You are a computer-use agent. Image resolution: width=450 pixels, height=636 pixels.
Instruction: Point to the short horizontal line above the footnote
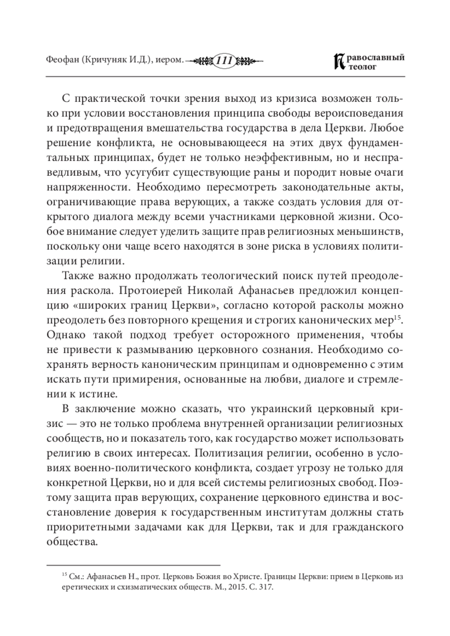[133, 564]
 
